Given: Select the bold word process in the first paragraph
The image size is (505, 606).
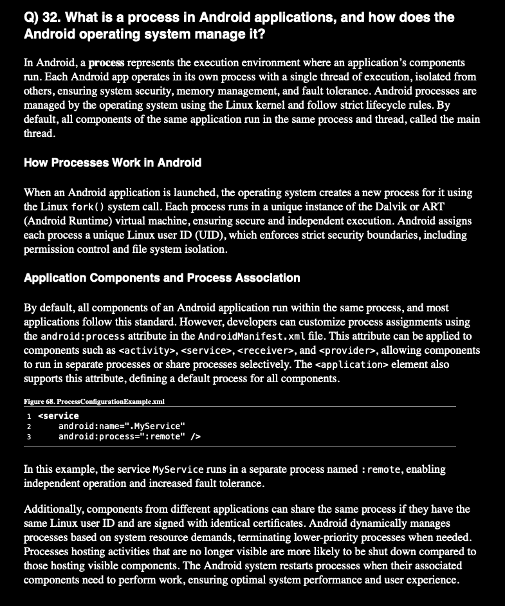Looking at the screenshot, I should [x=106, y=64].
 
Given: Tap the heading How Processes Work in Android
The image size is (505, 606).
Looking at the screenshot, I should [x=113, y=163].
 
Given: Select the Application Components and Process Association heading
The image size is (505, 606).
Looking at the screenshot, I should [x=162, y=278].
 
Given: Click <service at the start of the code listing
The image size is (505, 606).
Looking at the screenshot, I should [x=59, y=416].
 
